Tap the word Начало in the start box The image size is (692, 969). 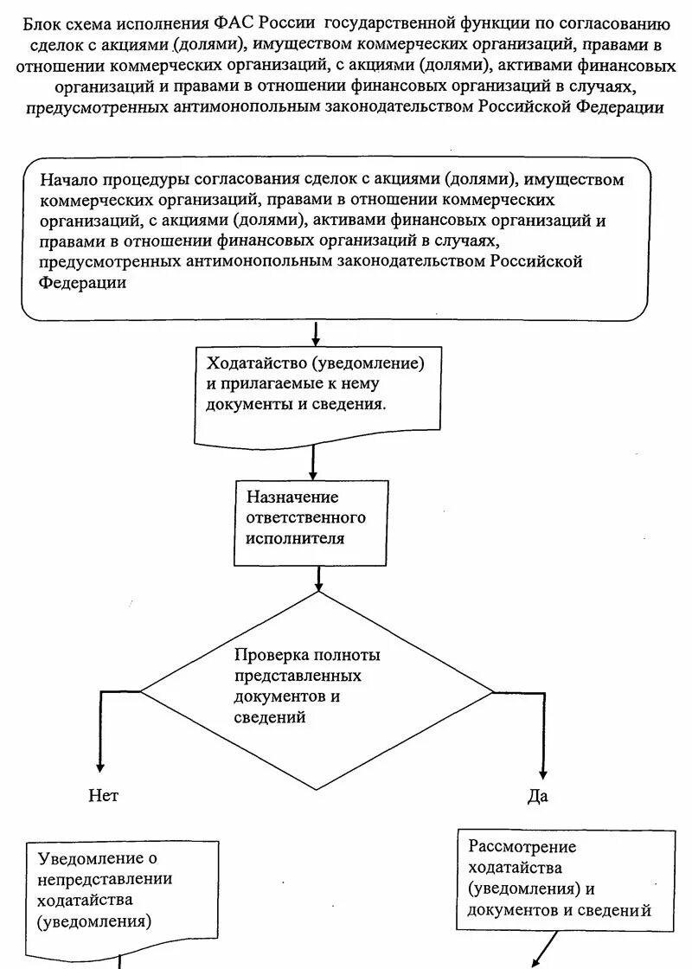[69, 180]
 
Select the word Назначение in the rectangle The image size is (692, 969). [292, 497]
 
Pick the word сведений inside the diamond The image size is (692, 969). [270, 717]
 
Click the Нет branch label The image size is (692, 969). [103, 796]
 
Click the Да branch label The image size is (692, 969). [537, 796]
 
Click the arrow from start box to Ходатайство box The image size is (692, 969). [316, 333]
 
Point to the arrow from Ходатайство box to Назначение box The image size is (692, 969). [313, 463]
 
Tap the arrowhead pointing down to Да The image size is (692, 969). [543, 772]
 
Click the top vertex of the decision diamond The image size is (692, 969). [320, 593]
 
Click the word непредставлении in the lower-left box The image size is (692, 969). [105, 879]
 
